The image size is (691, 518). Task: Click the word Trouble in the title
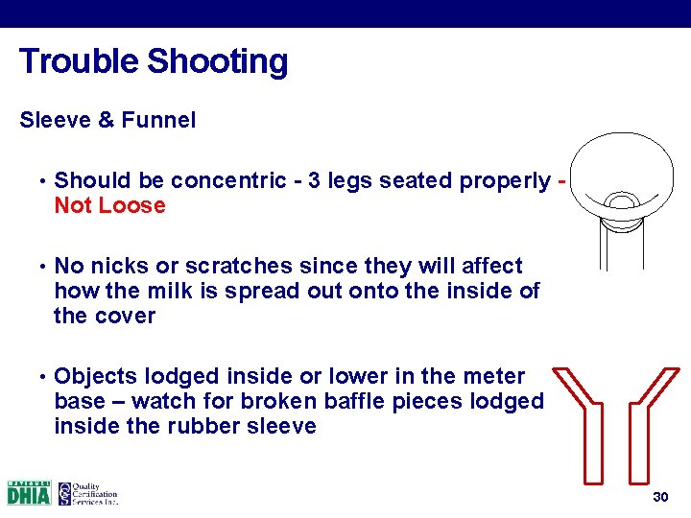[x=80, y=61]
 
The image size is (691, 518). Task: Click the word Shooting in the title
[x=217, y=61]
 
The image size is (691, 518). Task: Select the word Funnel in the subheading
[x=158, y=121]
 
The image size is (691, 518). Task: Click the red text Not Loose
[x=109, y=205]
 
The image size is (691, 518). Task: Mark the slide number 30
[x=659, y=497]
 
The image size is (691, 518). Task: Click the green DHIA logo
[x=28, y=493]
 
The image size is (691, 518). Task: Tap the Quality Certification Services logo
[x=86, y=493]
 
